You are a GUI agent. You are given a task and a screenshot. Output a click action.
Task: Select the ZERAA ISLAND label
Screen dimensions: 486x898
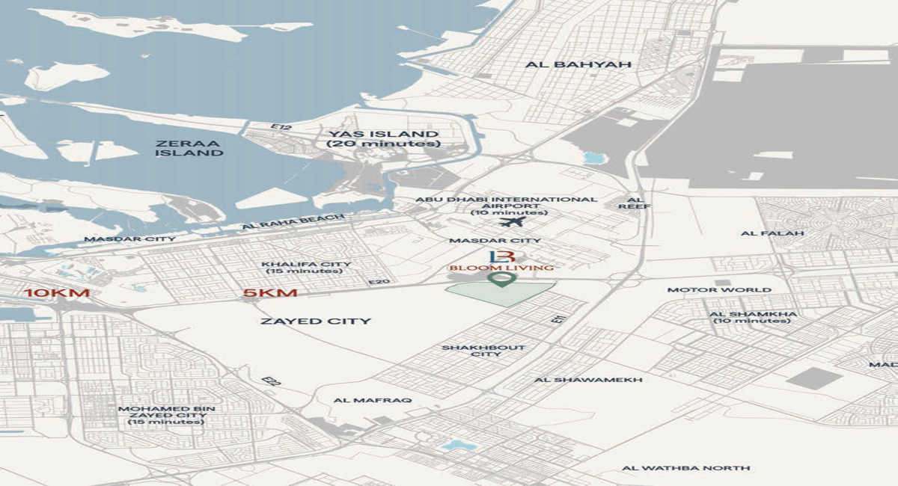189,148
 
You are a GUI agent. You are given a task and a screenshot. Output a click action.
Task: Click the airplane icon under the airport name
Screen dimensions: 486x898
512,222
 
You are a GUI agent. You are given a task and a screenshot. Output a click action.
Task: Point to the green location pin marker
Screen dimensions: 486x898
501,280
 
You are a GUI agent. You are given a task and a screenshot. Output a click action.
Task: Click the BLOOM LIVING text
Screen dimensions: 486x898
501,268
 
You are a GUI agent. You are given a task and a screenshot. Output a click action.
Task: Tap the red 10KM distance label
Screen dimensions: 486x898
57,292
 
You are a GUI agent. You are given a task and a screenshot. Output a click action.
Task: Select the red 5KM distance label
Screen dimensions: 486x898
270,292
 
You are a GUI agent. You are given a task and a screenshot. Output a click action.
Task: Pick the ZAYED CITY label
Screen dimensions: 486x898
315,322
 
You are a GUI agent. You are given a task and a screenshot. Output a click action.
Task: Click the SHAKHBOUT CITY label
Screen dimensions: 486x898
483,351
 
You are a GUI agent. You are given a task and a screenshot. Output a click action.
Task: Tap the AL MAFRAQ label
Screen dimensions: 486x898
372,400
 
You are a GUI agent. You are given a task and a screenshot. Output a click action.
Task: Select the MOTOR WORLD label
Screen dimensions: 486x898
719,290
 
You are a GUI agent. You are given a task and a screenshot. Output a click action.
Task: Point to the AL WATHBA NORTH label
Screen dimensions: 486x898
685,468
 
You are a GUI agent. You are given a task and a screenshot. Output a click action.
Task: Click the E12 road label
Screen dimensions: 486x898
281,128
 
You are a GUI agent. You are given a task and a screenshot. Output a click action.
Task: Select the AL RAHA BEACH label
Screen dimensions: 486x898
293,222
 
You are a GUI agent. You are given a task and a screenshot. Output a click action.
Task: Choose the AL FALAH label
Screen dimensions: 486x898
772,233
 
